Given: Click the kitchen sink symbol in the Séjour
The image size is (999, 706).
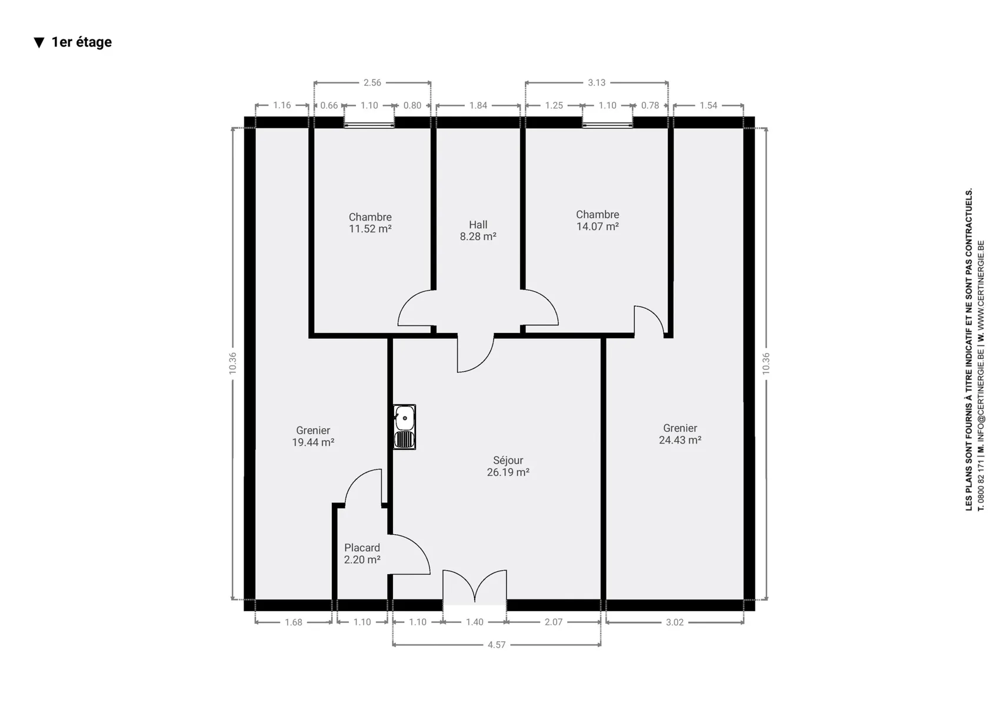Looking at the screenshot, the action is [x=405, y=427].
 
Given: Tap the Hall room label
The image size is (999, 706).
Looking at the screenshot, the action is [x=478, y=231].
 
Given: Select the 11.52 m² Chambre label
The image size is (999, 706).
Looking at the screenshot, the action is [x=370, y=223].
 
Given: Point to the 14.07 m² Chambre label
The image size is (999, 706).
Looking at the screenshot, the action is [x=598, y=220].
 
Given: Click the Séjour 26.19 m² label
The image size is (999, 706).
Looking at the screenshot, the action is [x=508, y=466].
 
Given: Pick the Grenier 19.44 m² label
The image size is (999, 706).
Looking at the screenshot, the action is [x=313, y=436].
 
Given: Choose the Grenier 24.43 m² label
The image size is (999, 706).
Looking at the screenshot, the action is [x=680, y=434].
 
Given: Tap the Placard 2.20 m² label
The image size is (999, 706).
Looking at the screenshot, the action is [x=362, y=554].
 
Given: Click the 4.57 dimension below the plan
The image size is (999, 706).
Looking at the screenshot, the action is [x=497, y=645].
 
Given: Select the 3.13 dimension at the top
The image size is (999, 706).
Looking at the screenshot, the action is [x=597, y=82].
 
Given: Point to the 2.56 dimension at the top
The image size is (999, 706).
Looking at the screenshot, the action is [x=372, y=82].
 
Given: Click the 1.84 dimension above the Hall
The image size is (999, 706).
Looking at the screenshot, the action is [x=478, y=106].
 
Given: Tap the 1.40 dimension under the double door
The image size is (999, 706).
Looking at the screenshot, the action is [x=475, y=622].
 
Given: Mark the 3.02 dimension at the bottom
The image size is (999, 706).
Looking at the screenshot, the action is [x=675, y=622].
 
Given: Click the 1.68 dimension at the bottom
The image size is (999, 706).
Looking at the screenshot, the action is [x=294, y=622].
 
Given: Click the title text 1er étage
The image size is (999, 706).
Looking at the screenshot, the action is [x=82, y=42].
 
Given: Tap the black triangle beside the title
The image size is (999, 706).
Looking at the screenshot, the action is [x=39, y=42].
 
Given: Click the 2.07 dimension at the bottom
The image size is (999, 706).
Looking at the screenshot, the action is [x=554, y=622].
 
